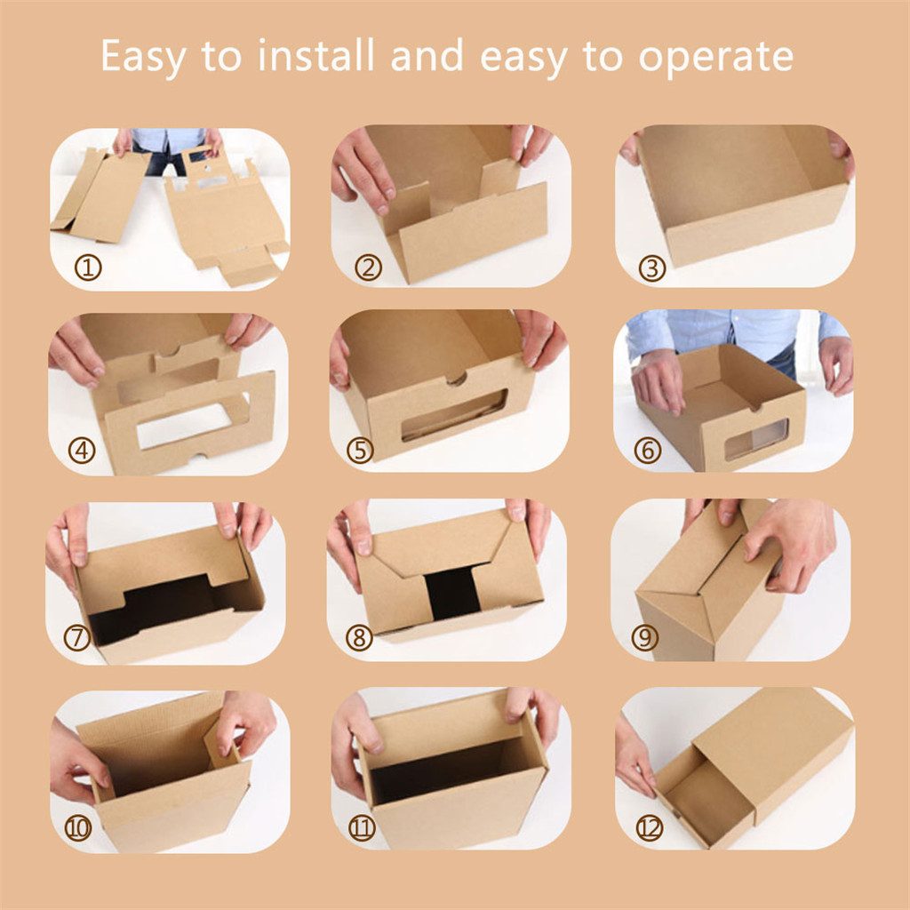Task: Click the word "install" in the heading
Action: click(315, 56)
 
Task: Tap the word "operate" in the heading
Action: click(715, 58)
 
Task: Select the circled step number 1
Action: click(88, 267)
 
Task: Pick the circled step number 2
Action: click(369, 267)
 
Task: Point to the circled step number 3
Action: click(652, 268)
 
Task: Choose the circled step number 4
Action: click(82, 451)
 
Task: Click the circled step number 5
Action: click(361, 451)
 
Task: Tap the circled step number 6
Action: click(648, 451)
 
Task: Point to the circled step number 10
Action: click(78, 828)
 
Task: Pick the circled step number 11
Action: click(362, 828)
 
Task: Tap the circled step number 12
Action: click(650, 828)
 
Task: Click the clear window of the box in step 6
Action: click(756, 439)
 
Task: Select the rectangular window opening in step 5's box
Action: click(454, 414)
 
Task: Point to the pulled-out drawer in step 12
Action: click(705, 796)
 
